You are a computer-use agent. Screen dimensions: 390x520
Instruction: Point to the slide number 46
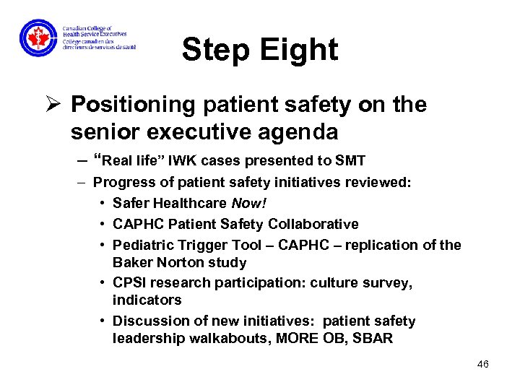point(483,364)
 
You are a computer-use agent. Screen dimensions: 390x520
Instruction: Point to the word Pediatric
point(143,245)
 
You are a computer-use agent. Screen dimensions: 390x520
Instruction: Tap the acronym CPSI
point(129,283)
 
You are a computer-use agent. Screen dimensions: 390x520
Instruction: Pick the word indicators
point(147,300)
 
